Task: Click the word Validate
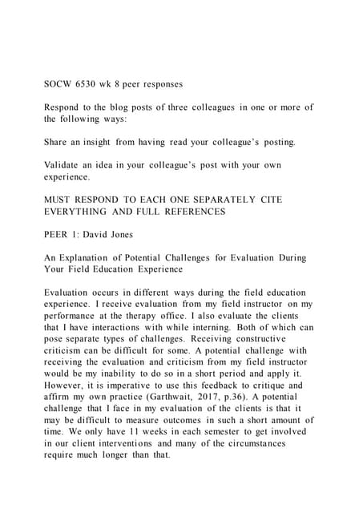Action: click(x=65, y=165)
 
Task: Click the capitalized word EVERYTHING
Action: click(x=84, y=212)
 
